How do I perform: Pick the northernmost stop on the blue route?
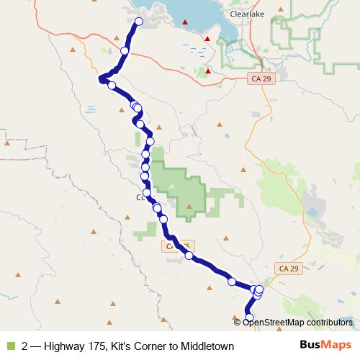(x=139, y=22)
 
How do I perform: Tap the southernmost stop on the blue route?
(x=250, y=318)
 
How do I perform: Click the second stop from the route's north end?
(x=125, y=50)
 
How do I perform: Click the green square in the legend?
(x=9, y=346)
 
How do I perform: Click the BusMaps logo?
(x=326, y=346)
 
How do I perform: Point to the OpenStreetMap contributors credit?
(x=297, y=322)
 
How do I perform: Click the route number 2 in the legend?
(x=25, y=346)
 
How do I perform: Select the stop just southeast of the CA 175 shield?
(x=189, y=256)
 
